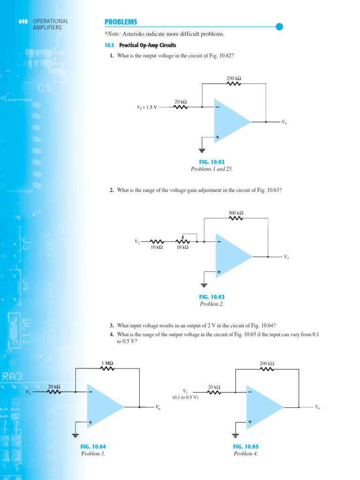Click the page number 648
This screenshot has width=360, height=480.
[x=23, y=21]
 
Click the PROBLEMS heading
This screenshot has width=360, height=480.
[x=120, y=22]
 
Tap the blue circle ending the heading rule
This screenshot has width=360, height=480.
[x=279, y=27]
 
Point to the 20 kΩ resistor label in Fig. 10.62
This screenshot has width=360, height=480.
[x=180, y=101]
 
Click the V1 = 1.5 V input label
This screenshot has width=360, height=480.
[x=147, y=107]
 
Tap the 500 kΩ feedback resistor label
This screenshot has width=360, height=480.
[x=236, y=213]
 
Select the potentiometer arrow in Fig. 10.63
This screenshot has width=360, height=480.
[x=182, y=238]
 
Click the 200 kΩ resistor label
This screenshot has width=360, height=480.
[x=267, y=363]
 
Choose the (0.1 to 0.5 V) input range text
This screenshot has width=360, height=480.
[x=185, y=397]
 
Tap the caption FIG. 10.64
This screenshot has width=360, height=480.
[x=93, y=447]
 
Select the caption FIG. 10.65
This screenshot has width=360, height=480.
[x=246, y=447]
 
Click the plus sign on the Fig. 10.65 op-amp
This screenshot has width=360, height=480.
[x=249, y=422]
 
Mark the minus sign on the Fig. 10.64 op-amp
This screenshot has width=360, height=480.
[x=90, y=392]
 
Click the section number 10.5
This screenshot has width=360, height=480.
[x=109, y=45]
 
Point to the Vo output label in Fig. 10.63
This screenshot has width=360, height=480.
[x=286, y=257]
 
